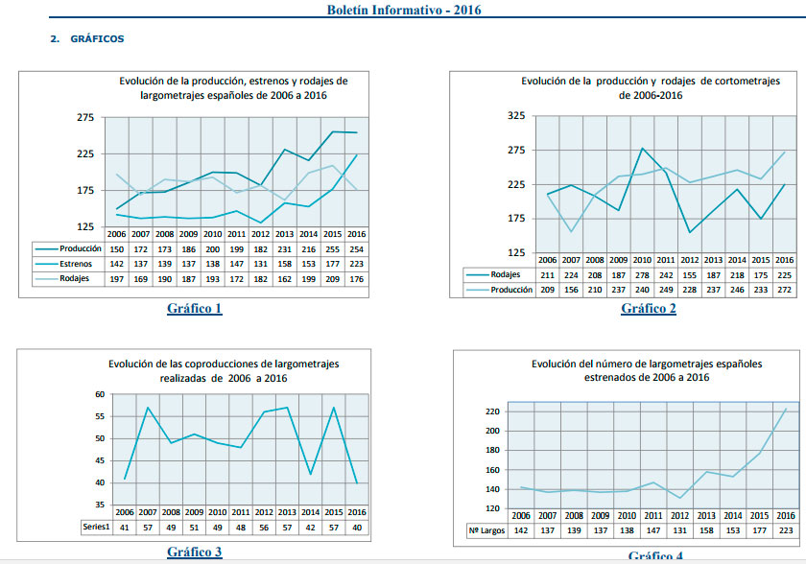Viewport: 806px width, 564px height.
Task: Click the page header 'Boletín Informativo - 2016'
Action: click(x=404, y=11)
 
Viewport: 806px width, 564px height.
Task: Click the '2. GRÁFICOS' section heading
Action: click(x=87, y=39)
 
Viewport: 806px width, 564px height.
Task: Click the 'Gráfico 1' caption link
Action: click(x=194, y=308)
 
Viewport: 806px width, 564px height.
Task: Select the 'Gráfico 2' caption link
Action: click(x=648, y=308)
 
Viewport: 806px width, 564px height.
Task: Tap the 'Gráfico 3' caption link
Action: click(x=194, y=552)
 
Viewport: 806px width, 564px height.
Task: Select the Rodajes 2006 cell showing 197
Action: click(x=117, y=279)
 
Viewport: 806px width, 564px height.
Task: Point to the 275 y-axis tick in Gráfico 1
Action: click(x=84, y=117)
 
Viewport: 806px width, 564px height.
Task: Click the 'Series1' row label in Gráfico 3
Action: click(x=96, y=527)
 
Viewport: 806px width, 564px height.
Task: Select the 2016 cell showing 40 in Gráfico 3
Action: click(x=356, y=527)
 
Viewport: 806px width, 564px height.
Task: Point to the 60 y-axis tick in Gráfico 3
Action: click(x=100, y=394)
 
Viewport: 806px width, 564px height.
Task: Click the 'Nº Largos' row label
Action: click(x=486, y=530)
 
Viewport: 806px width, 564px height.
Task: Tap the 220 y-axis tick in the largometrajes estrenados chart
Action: click(x=491, y=411)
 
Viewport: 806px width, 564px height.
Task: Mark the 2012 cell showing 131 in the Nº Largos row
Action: click(x=678, y=530)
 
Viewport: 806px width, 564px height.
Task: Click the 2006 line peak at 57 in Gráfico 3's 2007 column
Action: click(x=148, y=408)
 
